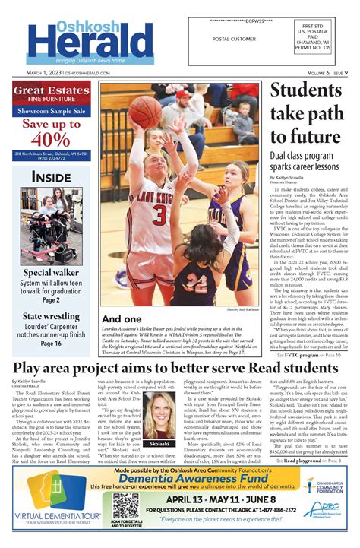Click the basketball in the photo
[x=146, y=111]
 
